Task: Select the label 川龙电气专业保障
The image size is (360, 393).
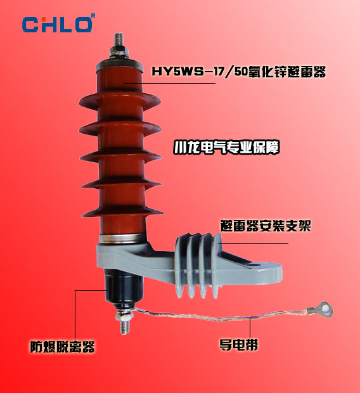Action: click(226, 148)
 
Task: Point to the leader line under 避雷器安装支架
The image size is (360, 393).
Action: click(254, 243)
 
